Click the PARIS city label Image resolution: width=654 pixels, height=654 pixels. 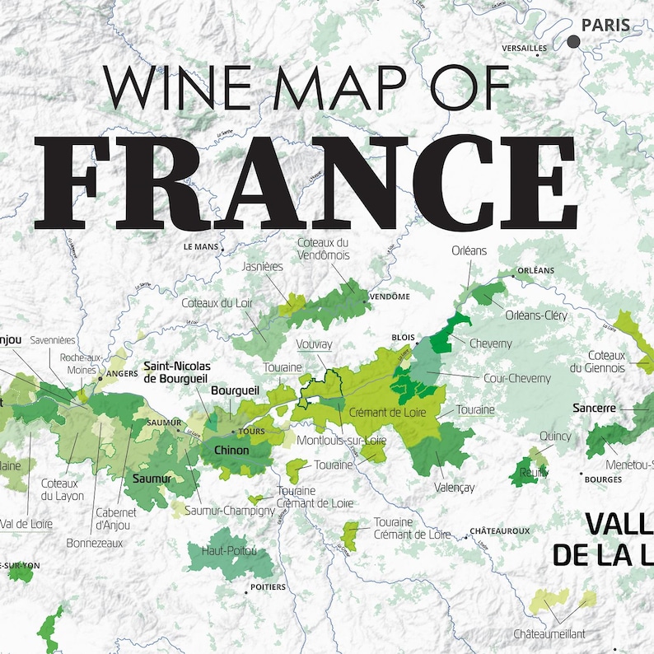(605, 26)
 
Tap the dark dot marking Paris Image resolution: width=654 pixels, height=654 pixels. (573, 41)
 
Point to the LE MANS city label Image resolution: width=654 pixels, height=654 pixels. (200, 246)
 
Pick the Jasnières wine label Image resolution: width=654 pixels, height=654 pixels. (264, 267)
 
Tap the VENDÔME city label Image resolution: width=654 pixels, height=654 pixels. (390, 297)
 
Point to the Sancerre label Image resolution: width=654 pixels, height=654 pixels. (595, 408)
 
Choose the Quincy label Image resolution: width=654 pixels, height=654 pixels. (555, 436)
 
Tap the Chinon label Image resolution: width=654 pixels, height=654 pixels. (231, 451)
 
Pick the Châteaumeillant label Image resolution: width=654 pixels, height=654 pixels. (549, 633)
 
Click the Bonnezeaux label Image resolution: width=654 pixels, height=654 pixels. (95, 543)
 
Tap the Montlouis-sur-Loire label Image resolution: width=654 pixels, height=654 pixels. (342, 440)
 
